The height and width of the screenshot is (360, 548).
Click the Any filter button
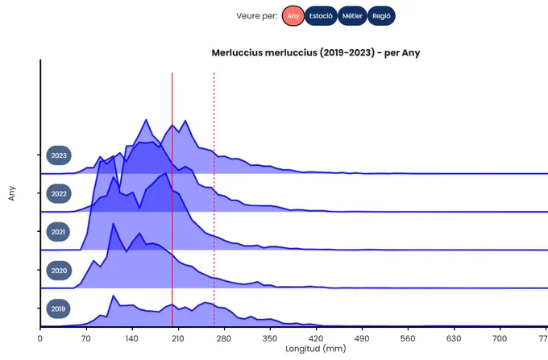point(293,16)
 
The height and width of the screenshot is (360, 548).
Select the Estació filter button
point(321,16)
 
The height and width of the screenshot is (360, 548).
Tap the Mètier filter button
point(352,16)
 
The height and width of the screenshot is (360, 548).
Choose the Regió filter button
point(381,16)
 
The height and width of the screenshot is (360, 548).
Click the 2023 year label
point(59,155)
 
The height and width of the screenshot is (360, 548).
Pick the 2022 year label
point(59,194)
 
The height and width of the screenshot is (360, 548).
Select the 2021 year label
point(58,232)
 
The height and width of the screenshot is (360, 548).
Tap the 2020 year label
point(59,271)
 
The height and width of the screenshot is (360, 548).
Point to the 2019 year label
point(58,308)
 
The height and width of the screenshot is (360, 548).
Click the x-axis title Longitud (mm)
point(316,349)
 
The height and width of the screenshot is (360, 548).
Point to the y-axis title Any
point(12,193)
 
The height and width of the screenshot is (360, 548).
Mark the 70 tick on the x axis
point(86,338)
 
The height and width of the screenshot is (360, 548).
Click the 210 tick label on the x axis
point(177,338)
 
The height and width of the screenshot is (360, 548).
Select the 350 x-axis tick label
point(270,338)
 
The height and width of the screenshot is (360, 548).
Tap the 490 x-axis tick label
point(362,338)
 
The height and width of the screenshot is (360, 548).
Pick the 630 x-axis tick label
point(454,338)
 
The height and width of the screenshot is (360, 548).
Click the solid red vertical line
point(172,200)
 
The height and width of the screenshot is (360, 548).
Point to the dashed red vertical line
point(214,200)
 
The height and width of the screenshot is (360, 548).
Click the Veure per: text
point(257,16)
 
